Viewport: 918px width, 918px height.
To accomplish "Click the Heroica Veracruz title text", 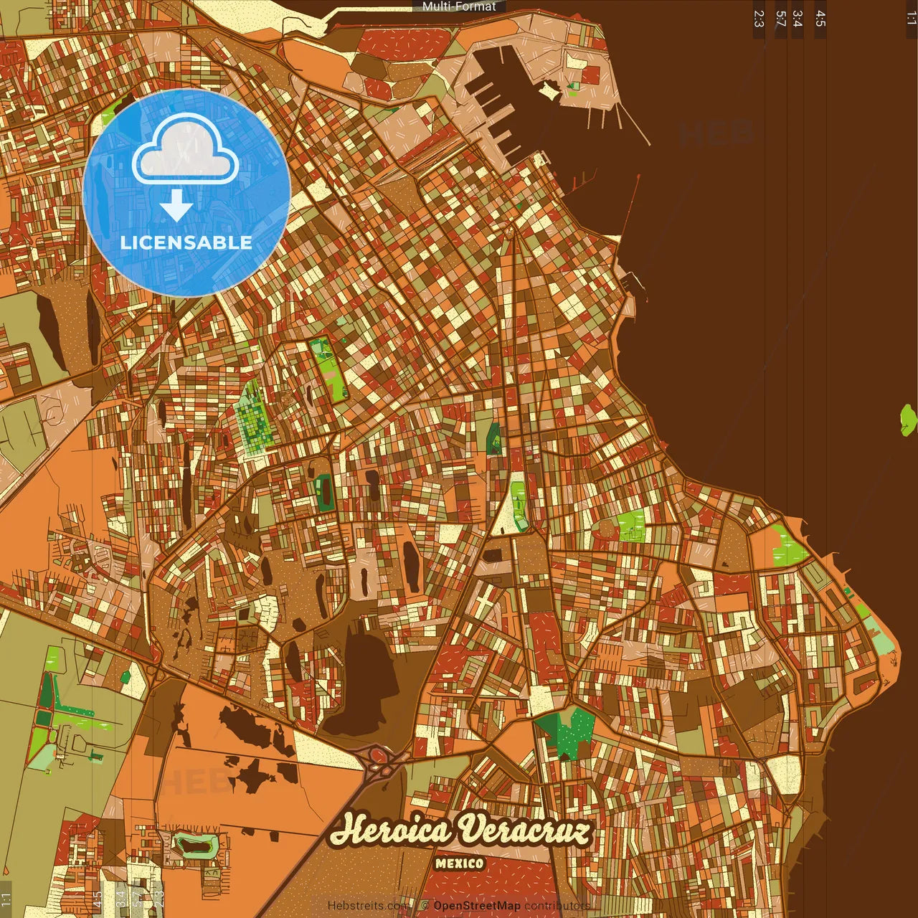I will [x=460, y=831].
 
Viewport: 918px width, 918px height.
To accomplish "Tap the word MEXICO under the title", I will [x=459, y=863].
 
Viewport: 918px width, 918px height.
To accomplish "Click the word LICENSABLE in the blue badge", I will [x=186, y=242].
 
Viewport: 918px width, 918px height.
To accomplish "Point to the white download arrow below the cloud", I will [x=176, y=205].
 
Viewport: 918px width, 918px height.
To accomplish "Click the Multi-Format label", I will [x=459, y=6].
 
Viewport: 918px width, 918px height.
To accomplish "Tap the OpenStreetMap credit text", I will [x=477, y=905].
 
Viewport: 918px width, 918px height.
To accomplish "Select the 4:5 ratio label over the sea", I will [x=820, y=19].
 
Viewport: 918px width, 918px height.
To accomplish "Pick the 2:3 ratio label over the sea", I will [x=759, y=19].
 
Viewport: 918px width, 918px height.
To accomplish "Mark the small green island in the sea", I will [x=909, y=420].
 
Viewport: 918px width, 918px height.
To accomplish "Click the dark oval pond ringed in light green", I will [x=194, y=846].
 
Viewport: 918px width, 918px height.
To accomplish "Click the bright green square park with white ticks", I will [x=632, y=525].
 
